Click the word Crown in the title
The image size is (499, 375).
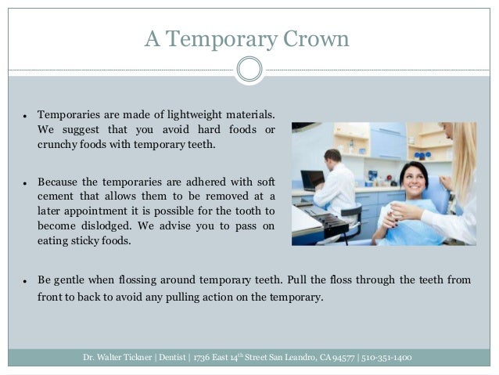(x=312, y=38)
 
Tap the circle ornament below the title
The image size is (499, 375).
(x=249, y=70)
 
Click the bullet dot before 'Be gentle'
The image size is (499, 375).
(x=25, y=280)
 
